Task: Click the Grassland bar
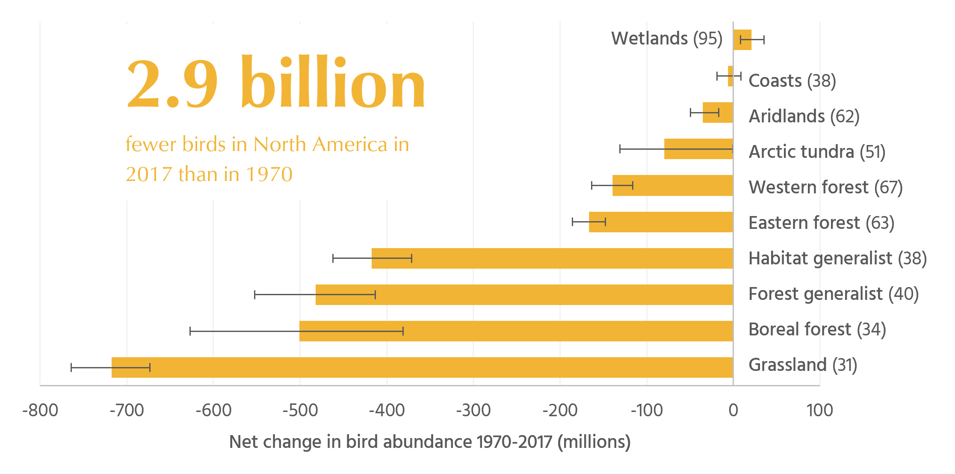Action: coord(422,367)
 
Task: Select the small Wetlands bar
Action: coord(742,40)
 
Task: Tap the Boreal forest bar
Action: coord(516,331)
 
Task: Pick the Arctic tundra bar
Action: coord(698,149)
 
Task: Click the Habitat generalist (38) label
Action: coord(837,258)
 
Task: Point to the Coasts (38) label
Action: coord(792,81)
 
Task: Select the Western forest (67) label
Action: coord(825,187)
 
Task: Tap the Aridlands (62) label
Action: coord(804,116)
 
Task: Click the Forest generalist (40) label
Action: coord(834,294)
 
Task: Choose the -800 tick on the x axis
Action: coord(40,410)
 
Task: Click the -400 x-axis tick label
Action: coord(387,410)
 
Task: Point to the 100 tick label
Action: coord(819,410)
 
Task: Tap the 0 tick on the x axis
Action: coord(733,410)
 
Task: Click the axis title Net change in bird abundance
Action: coord(429,442)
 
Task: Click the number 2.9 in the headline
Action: coord(172,83)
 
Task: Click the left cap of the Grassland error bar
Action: coord(71,367)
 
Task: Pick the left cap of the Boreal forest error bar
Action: coord(190,331)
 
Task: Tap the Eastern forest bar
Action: coord(661,222)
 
